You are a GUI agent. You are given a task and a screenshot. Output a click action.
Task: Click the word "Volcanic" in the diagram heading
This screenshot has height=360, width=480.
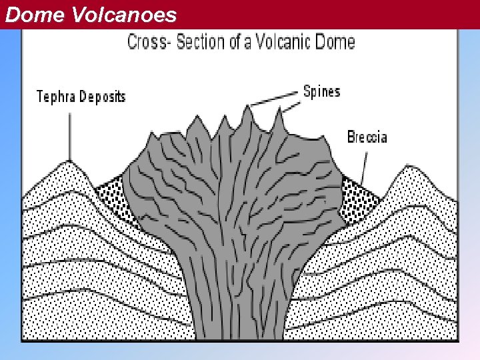(x=287, y=43)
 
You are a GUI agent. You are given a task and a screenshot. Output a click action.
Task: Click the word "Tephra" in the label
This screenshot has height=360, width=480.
(x=57, y=97)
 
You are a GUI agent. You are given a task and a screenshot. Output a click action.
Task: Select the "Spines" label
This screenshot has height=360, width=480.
(x=321, y=91)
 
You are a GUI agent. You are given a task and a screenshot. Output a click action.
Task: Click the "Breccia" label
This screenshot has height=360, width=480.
(x=367, y=138)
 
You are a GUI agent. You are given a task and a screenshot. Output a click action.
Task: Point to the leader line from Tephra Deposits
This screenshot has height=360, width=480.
(x=69, y=137)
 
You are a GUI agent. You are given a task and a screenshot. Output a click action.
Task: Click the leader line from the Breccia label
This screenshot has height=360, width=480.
(x=362, y=167)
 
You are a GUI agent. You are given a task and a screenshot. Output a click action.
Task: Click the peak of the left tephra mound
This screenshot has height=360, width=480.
(x=69, y=161)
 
